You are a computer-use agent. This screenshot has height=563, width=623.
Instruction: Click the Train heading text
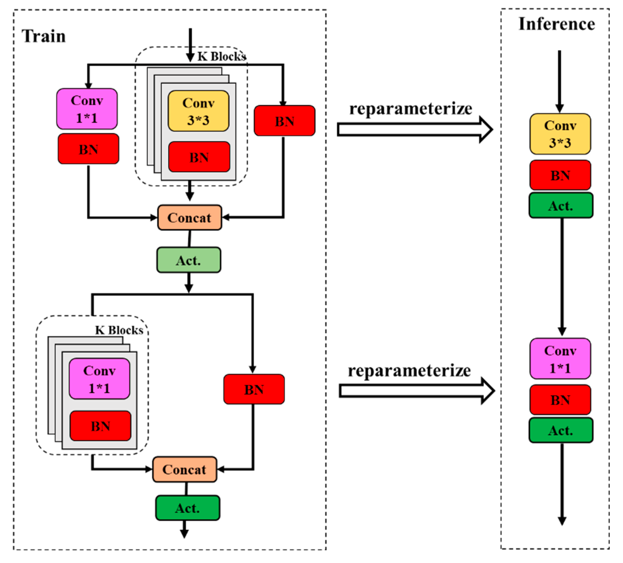44,36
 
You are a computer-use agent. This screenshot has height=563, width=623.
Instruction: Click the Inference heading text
556,24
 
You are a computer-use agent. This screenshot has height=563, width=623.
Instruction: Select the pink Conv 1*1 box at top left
87,109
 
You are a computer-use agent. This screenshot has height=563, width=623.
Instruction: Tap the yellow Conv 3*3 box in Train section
198,111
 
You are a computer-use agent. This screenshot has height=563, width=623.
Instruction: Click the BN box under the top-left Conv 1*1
88,149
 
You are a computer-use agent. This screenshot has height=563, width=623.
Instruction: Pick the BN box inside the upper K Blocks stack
199,157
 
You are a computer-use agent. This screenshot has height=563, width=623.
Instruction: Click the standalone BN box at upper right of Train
284,121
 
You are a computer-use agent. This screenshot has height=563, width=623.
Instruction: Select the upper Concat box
189,218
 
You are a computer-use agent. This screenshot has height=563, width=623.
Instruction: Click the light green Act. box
188,260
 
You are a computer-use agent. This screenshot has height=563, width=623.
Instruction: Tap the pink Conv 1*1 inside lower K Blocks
99,379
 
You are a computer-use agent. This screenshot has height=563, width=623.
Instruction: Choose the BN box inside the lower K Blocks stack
100,426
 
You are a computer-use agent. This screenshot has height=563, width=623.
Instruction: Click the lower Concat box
185,470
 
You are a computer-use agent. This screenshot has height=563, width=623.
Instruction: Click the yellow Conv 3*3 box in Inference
560,134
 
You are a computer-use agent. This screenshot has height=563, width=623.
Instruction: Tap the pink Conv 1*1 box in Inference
560,359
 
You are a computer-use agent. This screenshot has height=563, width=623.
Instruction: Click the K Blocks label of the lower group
119,330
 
